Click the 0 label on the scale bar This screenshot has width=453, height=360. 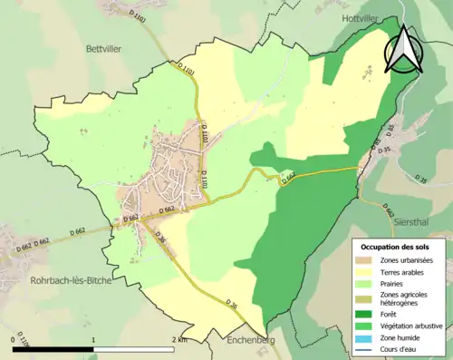click(x=14, y=339)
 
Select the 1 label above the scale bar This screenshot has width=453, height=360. click(x=94, y=339)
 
